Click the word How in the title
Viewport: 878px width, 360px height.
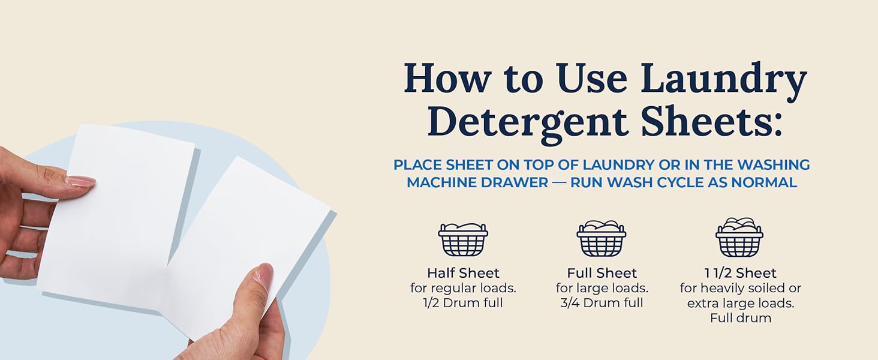point(447,78)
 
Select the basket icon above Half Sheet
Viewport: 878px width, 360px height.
point(463,239)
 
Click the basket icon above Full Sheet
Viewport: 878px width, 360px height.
point(602,238)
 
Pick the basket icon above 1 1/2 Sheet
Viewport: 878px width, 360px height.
point(739,236)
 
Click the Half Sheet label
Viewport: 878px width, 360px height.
point(463,273)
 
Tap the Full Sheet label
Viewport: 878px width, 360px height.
point(602,273)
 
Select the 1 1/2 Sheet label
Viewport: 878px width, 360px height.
point(741,273)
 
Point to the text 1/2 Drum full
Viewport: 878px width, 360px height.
point(463,303)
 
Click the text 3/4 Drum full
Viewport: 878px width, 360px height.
point(602,303)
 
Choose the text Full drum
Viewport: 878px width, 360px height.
point(741,317)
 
